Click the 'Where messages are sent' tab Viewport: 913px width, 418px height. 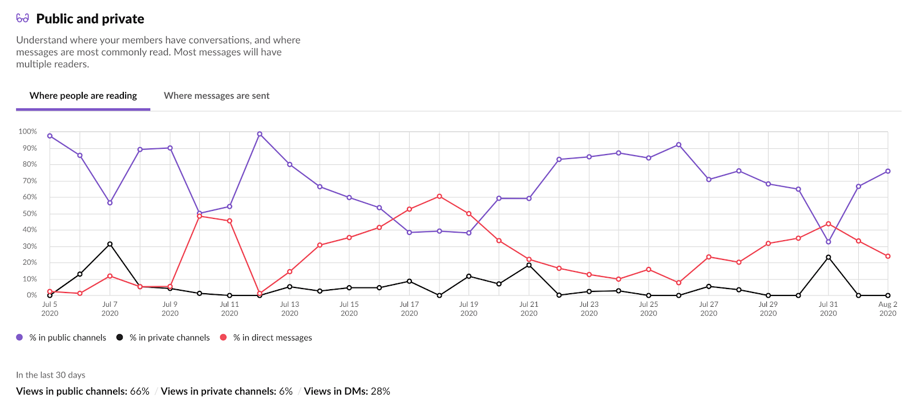point(216,96)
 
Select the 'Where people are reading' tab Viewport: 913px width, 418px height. point(83,96)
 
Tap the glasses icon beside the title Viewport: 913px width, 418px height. point(23,18)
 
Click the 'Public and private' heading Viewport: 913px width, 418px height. point(90,19)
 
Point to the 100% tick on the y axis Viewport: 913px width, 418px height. point(27,132)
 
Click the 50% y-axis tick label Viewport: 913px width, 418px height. point(30,214)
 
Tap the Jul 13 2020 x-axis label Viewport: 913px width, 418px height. point(289,309)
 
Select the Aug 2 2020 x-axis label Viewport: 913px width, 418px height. point(887,309)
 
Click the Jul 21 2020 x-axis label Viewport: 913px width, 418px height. point(528,309)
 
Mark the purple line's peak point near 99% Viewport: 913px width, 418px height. point(260,134)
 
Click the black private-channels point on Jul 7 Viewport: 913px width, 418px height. point(110,244)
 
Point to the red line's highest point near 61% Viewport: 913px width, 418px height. point(439,196)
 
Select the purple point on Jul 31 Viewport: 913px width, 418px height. point(829,242)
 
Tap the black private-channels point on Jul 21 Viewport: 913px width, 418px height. point(529,265)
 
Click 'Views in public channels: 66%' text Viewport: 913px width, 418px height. point(83,391)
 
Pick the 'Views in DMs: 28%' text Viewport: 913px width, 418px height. point(347,391)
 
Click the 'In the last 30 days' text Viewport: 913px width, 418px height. point(51,375)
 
